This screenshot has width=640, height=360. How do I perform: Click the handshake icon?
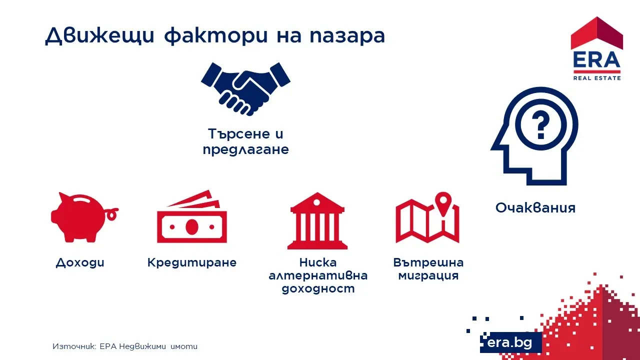click(245, 89)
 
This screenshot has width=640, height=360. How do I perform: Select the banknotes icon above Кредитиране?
click(191, 217)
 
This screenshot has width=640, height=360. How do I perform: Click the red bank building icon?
click(317, 221)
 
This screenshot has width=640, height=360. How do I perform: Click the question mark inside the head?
click(540, 125)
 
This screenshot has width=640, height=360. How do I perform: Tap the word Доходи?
click(80, 263)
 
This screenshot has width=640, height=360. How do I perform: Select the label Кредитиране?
click(191, 263)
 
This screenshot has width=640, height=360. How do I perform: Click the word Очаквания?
click(535, 207)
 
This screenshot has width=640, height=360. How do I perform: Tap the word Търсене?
click(239, 133)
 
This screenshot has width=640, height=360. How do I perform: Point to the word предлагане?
click(245, 150)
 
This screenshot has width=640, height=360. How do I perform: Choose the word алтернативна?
click(318, 275)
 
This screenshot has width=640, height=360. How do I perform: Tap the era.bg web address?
click(509, 342)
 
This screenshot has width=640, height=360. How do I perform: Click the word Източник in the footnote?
click(74, 346)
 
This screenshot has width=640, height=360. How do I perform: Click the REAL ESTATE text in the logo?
click(597, 78)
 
